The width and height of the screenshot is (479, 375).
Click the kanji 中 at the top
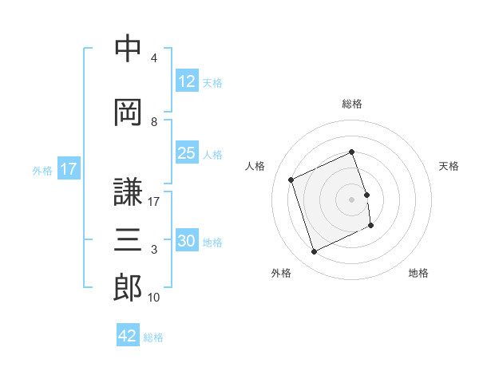[x=128, y=48]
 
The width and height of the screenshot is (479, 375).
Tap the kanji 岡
[x=128, y=112]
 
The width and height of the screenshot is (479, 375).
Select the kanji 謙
[x=128, y=191]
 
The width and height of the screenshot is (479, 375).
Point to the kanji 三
[x=128, y=239]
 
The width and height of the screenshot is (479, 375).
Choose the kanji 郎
[x=128, y=288]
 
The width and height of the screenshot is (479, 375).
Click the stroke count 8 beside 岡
[x=154, y=122]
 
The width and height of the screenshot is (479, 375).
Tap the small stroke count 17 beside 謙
[x=153, y=202]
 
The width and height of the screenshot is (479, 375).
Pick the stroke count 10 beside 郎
[x=153, y=298]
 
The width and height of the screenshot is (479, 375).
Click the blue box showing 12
[x=187, y=81]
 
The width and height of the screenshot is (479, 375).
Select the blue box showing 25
[x=187, y=152]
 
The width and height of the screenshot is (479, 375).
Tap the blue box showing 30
[x=187, y=239]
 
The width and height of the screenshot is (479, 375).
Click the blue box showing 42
[x=128, y=334]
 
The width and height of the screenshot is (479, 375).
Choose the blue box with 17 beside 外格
[x=69, y=168]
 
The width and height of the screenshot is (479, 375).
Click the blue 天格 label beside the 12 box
[x=212, y=83]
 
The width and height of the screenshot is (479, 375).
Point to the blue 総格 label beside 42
[x=153, y=337]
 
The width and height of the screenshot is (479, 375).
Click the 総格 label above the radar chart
[x=352, y=104]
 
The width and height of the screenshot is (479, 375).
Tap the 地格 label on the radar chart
[x=418, y=273]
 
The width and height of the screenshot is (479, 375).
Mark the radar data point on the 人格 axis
[x=291, y=180]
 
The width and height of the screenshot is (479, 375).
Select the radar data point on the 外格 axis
[x=314, y=251]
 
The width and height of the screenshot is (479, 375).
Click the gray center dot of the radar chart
[x=351, y=199]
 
